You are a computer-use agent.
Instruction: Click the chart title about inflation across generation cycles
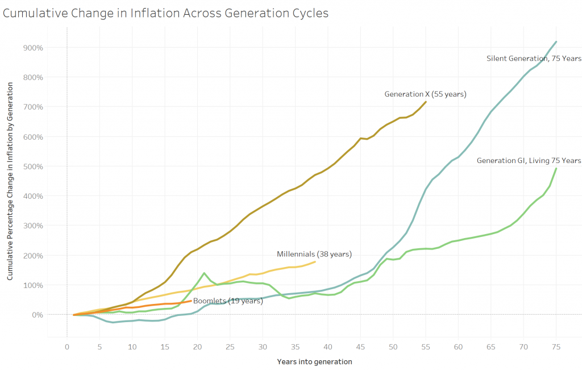click(x=165, y=12)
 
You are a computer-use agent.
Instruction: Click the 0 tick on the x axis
click(x=67, y=347)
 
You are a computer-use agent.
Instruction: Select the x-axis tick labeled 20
click(x=197, y=347)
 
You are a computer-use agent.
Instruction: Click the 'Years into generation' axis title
click(x=314, y=361)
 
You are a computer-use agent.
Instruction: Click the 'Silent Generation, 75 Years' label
click(x=534, y=59)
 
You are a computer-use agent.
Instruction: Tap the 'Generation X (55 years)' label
click(x=425, y=94)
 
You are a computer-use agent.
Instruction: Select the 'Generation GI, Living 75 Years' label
click(x=529, y=161)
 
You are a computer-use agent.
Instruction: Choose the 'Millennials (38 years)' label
click(x=314, y=253)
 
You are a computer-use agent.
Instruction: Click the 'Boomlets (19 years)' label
click(x=228, y=301)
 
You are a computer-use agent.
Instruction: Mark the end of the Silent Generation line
click(x=556, y=41)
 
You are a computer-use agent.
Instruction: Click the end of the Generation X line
click(x=426, y=102)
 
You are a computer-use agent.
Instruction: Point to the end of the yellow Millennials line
click(x=315, y=261)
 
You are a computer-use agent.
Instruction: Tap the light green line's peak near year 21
click(x=204, y=273)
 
